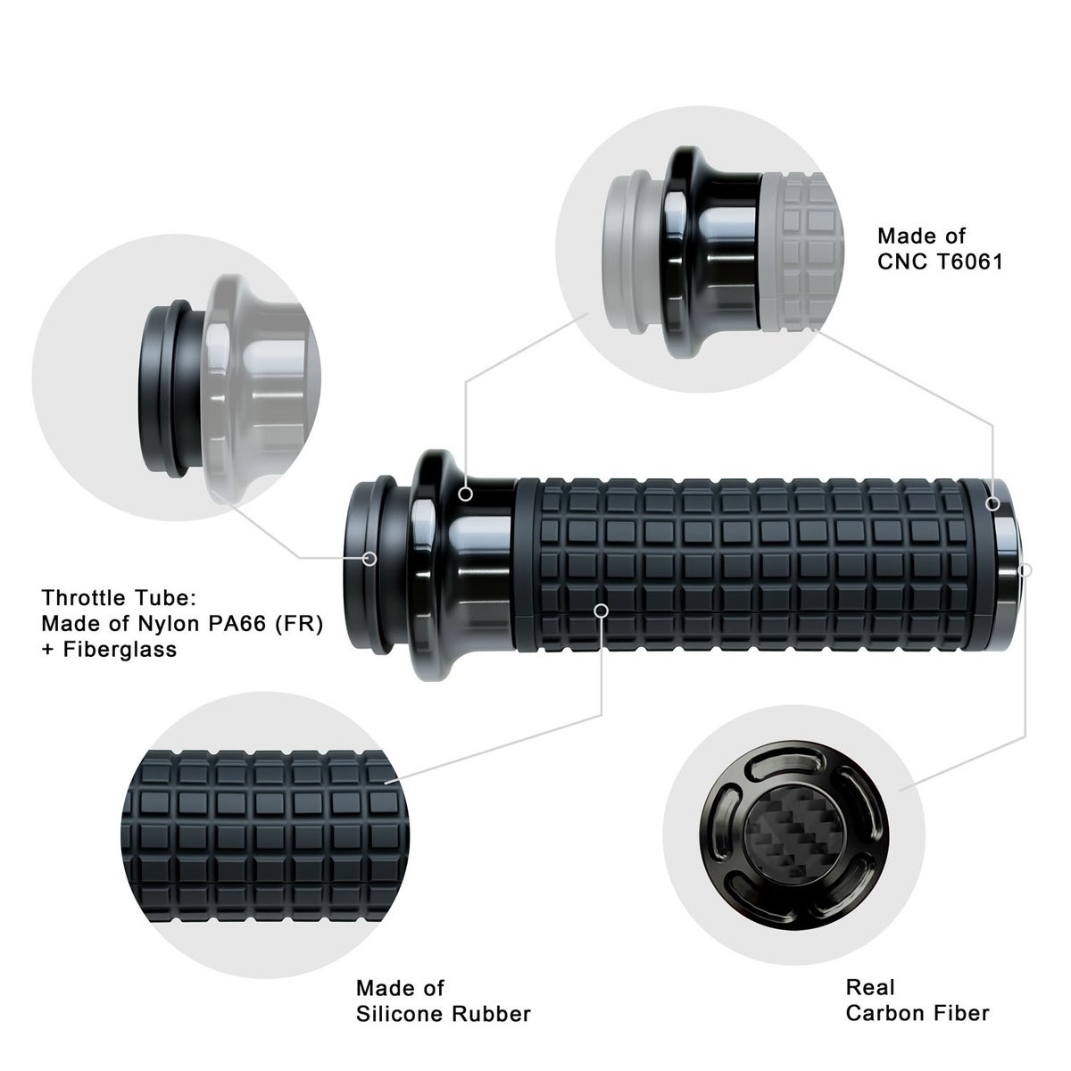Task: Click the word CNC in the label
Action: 904,262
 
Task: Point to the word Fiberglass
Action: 120,649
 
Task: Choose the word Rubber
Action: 491,1013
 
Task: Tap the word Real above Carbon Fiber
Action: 870,987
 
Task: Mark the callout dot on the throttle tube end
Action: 370,559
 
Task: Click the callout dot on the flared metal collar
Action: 466,494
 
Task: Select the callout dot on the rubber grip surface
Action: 601,610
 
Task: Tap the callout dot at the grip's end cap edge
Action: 992,504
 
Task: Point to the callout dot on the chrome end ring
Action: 1026,570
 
